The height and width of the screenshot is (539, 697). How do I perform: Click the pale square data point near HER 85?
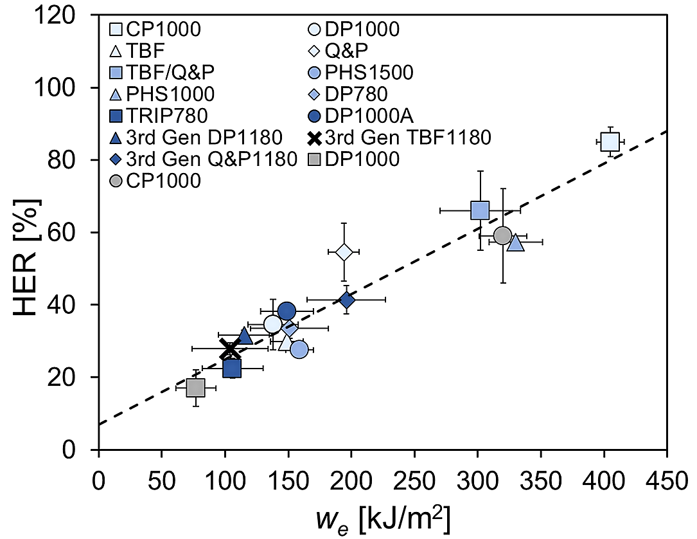pos(610,142)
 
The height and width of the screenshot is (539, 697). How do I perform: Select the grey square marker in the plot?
pos(195,388)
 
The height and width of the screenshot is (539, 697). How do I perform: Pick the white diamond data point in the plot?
pos(344,251)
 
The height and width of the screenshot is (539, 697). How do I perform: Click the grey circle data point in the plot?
pos(503,235)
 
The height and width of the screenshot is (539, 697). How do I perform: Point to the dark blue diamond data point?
pos(347,300)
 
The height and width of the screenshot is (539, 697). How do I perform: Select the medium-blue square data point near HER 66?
pos(480,210)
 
